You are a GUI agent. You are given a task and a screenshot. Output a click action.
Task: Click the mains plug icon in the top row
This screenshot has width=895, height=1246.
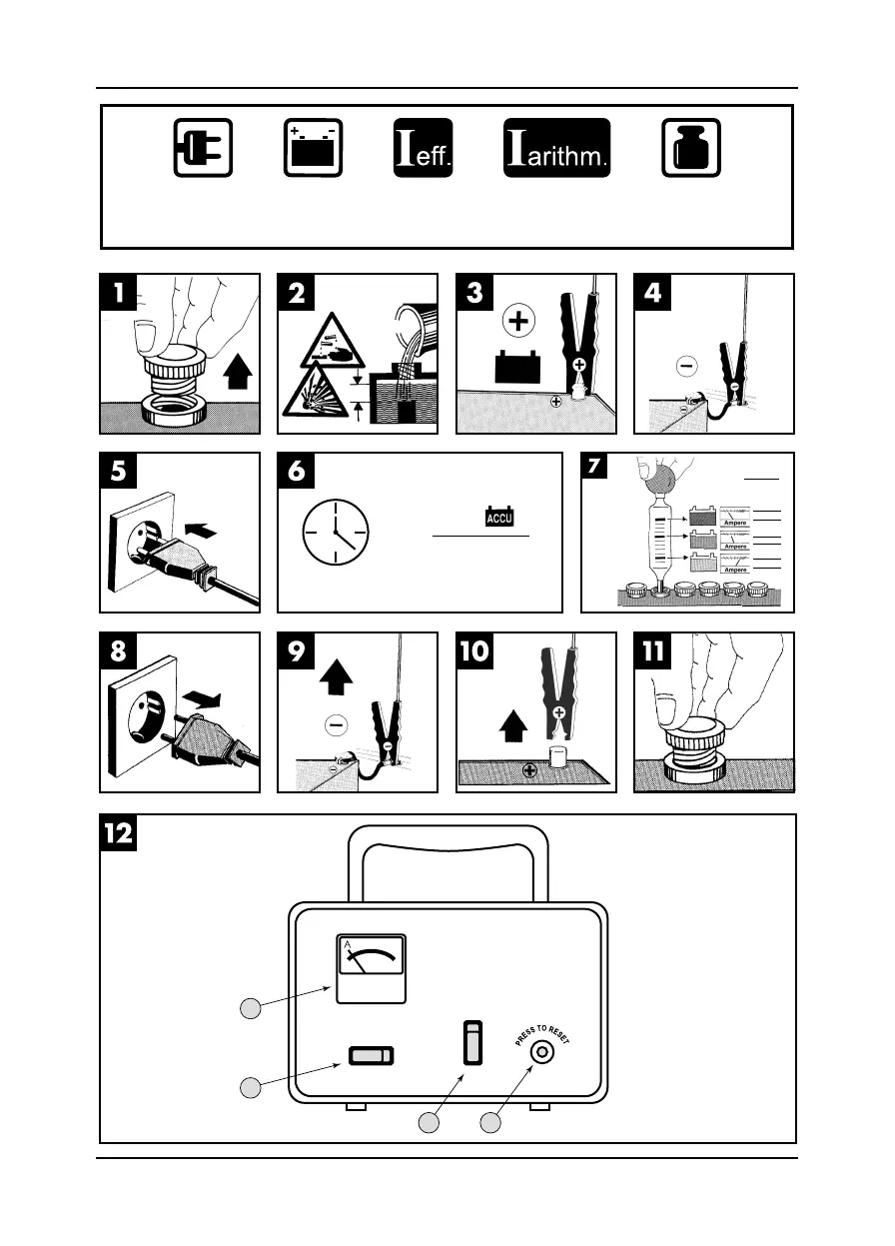point(203,148)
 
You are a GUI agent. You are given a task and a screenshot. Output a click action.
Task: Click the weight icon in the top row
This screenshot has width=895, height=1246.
point(692,148)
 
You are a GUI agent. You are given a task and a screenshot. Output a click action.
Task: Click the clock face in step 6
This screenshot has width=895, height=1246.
point(335,530)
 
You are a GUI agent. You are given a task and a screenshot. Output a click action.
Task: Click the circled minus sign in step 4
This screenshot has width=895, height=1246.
point(686,367)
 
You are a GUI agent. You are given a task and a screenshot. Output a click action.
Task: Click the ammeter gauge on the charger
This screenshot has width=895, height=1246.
point(371,968)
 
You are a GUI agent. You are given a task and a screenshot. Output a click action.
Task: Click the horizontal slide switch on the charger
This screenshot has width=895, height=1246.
point(371,1056)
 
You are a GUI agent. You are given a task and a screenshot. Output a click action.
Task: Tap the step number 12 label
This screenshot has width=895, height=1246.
point(117,831)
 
